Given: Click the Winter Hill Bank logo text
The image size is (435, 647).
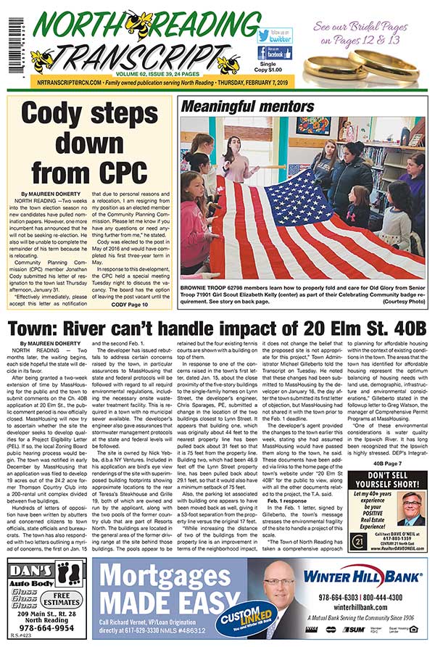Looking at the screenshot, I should click(x=362, y=577).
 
